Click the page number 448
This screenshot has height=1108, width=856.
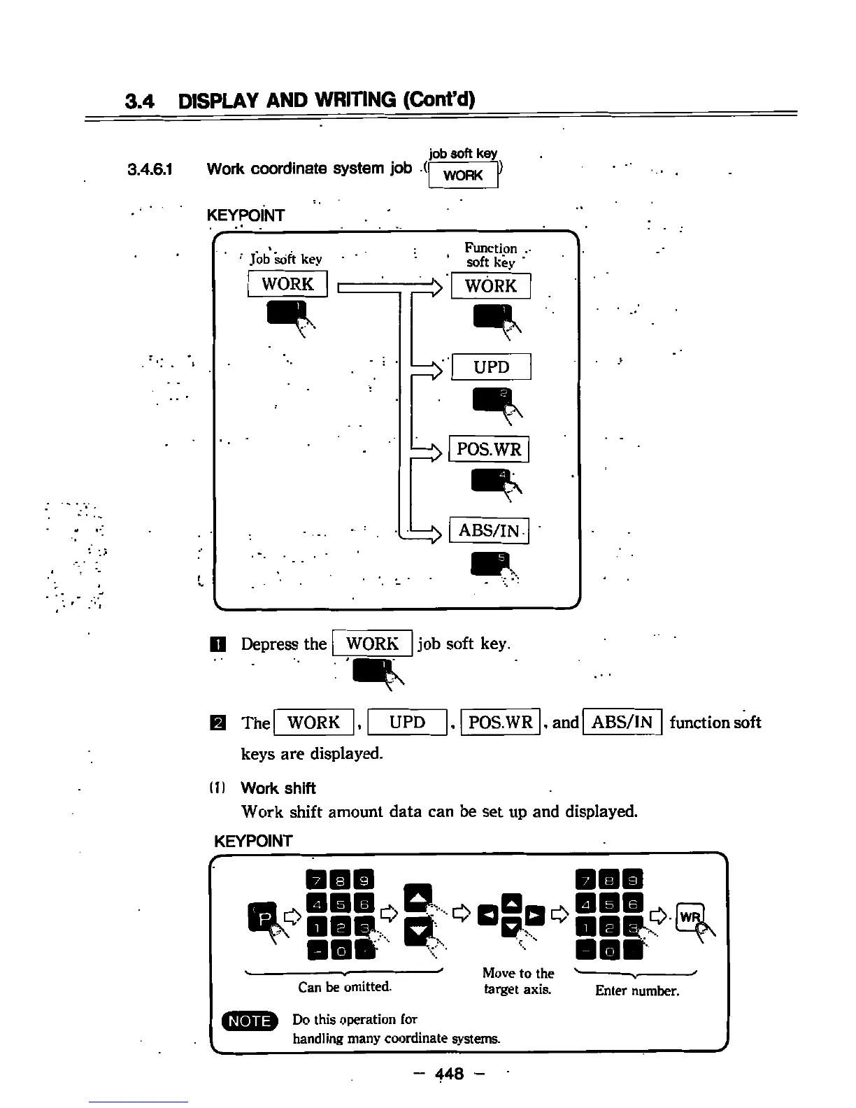click(x=449, y=1073)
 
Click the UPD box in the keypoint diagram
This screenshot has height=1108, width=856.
click(x=491, y=367)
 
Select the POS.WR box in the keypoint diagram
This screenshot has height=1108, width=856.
click(x=489, y=449)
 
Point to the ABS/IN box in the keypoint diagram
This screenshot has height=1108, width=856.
click(x=489, y=531)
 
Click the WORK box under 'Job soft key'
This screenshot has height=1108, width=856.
click(x=287, y=284)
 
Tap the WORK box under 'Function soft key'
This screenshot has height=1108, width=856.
click(x=490, y=286)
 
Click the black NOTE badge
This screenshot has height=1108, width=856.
click(x=250, y=1021)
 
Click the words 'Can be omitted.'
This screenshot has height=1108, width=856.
click(x=345, y=987)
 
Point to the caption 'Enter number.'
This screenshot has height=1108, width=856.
click(x=637, y=990)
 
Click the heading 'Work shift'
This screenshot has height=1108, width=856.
click(x=278, y=788)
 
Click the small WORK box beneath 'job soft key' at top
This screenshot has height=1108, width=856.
click(x=463, y=175)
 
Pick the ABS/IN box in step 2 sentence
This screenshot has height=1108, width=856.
click(x=622, y=722)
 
